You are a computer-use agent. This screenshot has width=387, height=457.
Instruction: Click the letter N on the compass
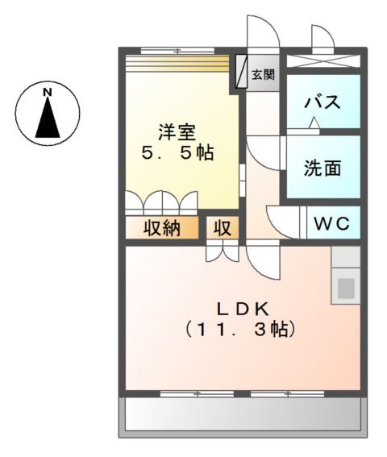[x=48, y=93]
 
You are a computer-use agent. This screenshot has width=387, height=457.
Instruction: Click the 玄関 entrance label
[x=262, y=75]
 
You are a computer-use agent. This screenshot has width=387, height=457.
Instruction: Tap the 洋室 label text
[x=177, y=130]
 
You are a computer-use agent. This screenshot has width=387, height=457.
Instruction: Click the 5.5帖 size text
[x=177, y=153]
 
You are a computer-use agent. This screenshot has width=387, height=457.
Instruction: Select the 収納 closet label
[x=161, y=228]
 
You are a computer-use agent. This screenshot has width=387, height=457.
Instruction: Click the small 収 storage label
[x=222, y=228]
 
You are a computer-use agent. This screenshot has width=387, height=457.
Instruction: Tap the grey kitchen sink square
[x=346, y=287]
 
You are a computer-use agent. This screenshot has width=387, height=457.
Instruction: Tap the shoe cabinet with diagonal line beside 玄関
[x=241, y=72]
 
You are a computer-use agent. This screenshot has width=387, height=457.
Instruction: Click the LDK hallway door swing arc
[x=262, y=260]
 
